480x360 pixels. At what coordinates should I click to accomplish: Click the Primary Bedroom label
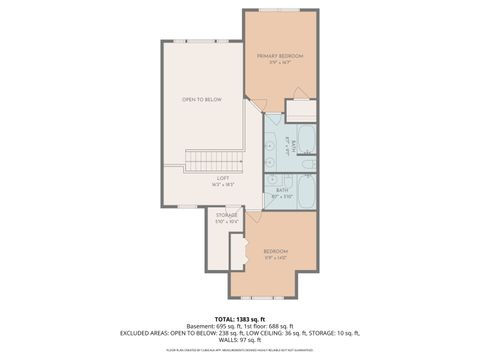click(x=279, y=56)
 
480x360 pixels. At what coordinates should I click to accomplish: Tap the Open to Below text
click(x=201, y=100)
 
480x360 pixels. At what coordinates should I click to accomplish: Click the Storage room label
click(x=226, y=215)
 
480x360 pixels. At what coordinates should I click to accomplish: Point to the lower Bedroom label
click(x=275, y=250)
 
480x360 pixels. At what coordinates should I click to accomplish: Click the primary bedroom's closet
click(x=301, y=110)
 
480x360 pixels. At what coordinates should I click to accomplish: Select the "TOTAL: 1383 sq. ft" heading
click(x=239, y=318)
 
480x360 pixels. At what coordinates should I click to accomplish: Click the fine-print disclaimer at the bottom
click(x=239, y=351)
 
